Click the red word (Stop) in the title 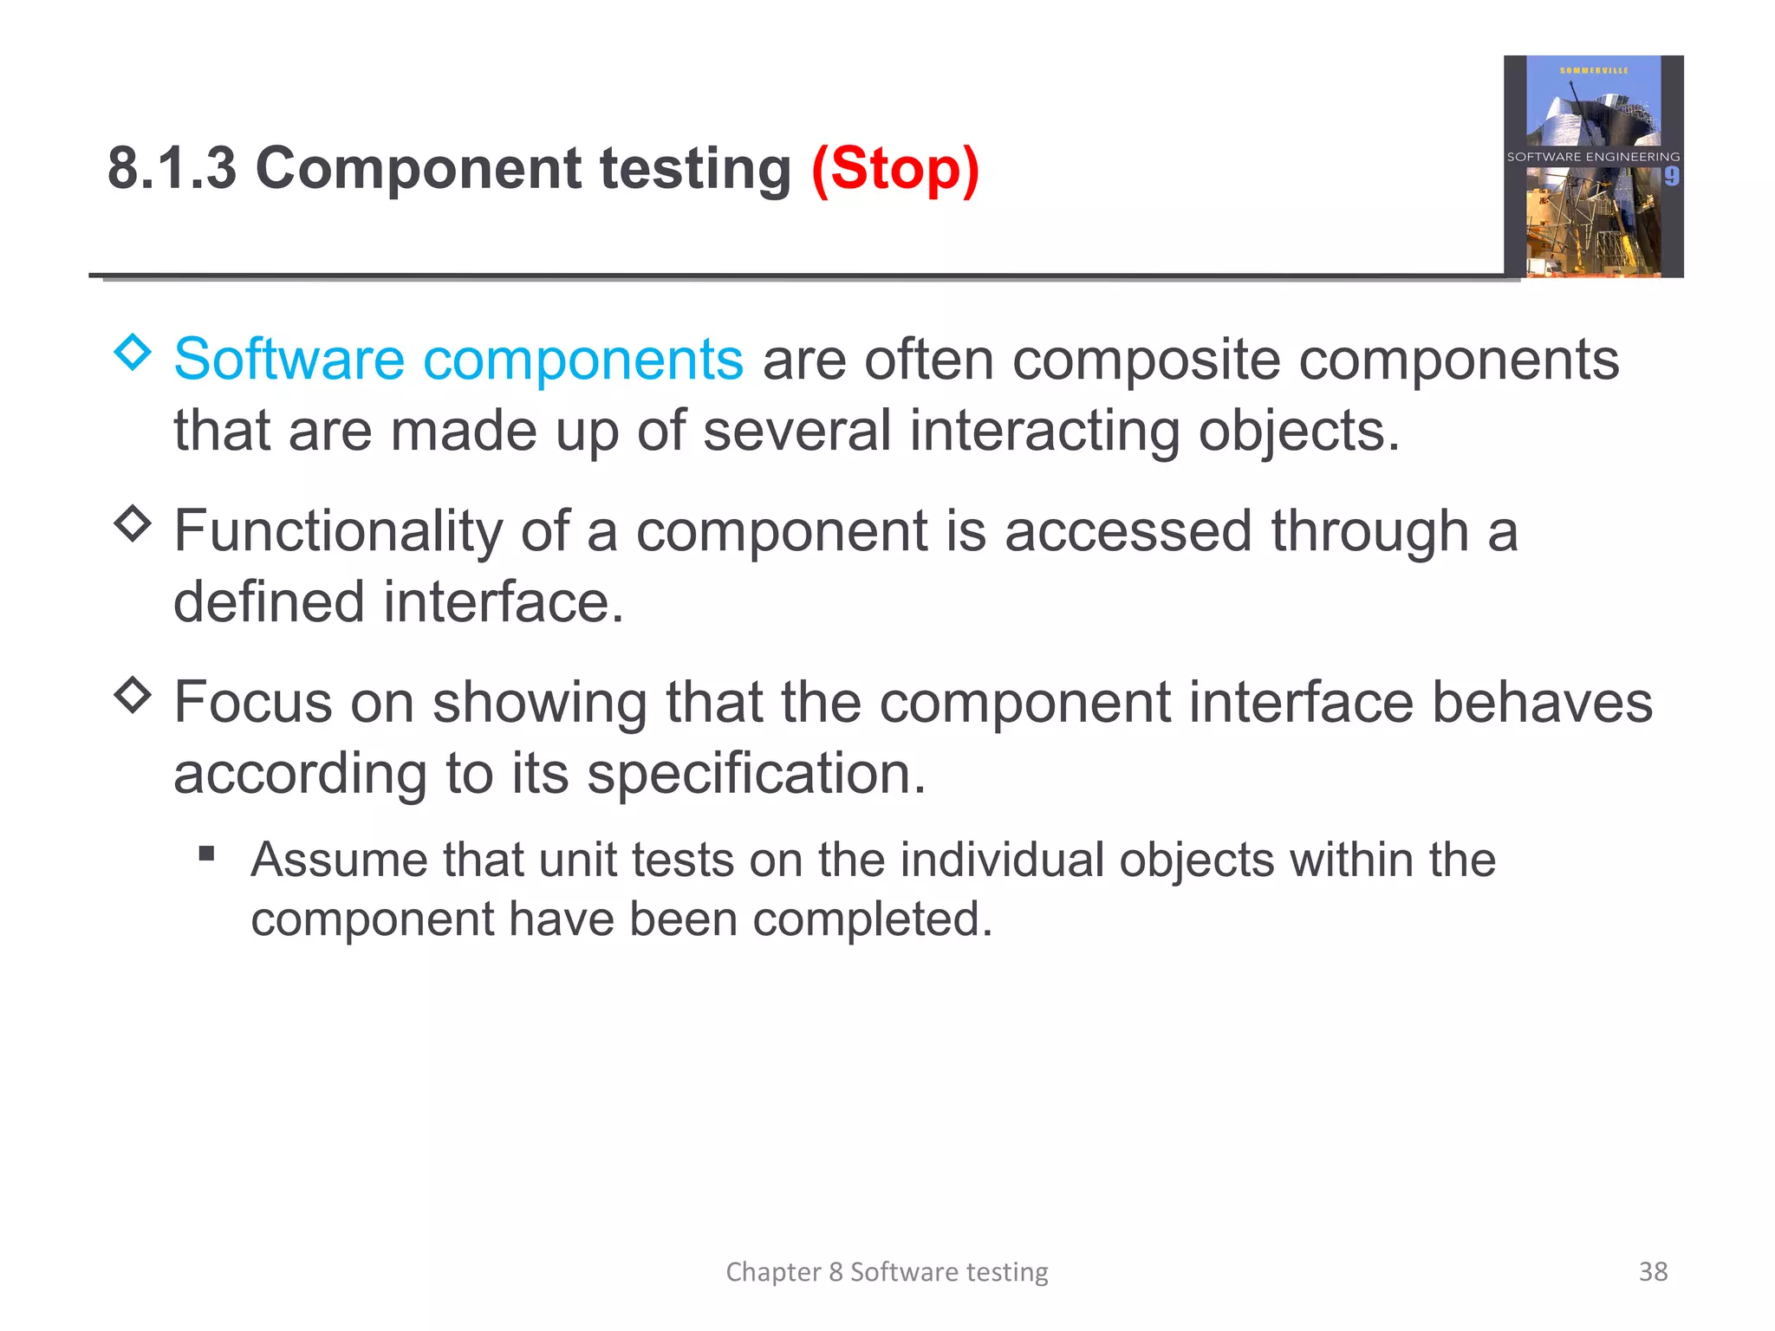[894, 168]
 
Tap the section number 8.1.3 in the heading [172, 168]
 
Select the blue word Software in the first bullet [289, 360]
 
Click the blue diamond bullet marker [133, 352]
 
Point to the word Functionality [338, 531]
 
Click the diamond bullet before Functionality [133, 523]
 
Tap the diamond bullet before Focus [133, 695]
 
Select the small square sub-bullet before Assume [206, 854]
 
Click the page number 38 [1653, 1271]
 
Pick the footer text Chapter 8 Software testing [887, 1271]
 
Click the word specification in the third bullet [756, 773]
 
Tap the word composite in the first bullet [1146, 360]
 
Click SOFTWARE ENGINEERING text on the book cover [1593, 157]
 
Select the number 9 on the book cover [1671, 177]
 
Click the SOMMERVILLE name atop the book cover [1594, 70]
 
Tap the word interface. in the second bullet [504, 602]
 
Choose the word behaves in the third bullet [1542, 702]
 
